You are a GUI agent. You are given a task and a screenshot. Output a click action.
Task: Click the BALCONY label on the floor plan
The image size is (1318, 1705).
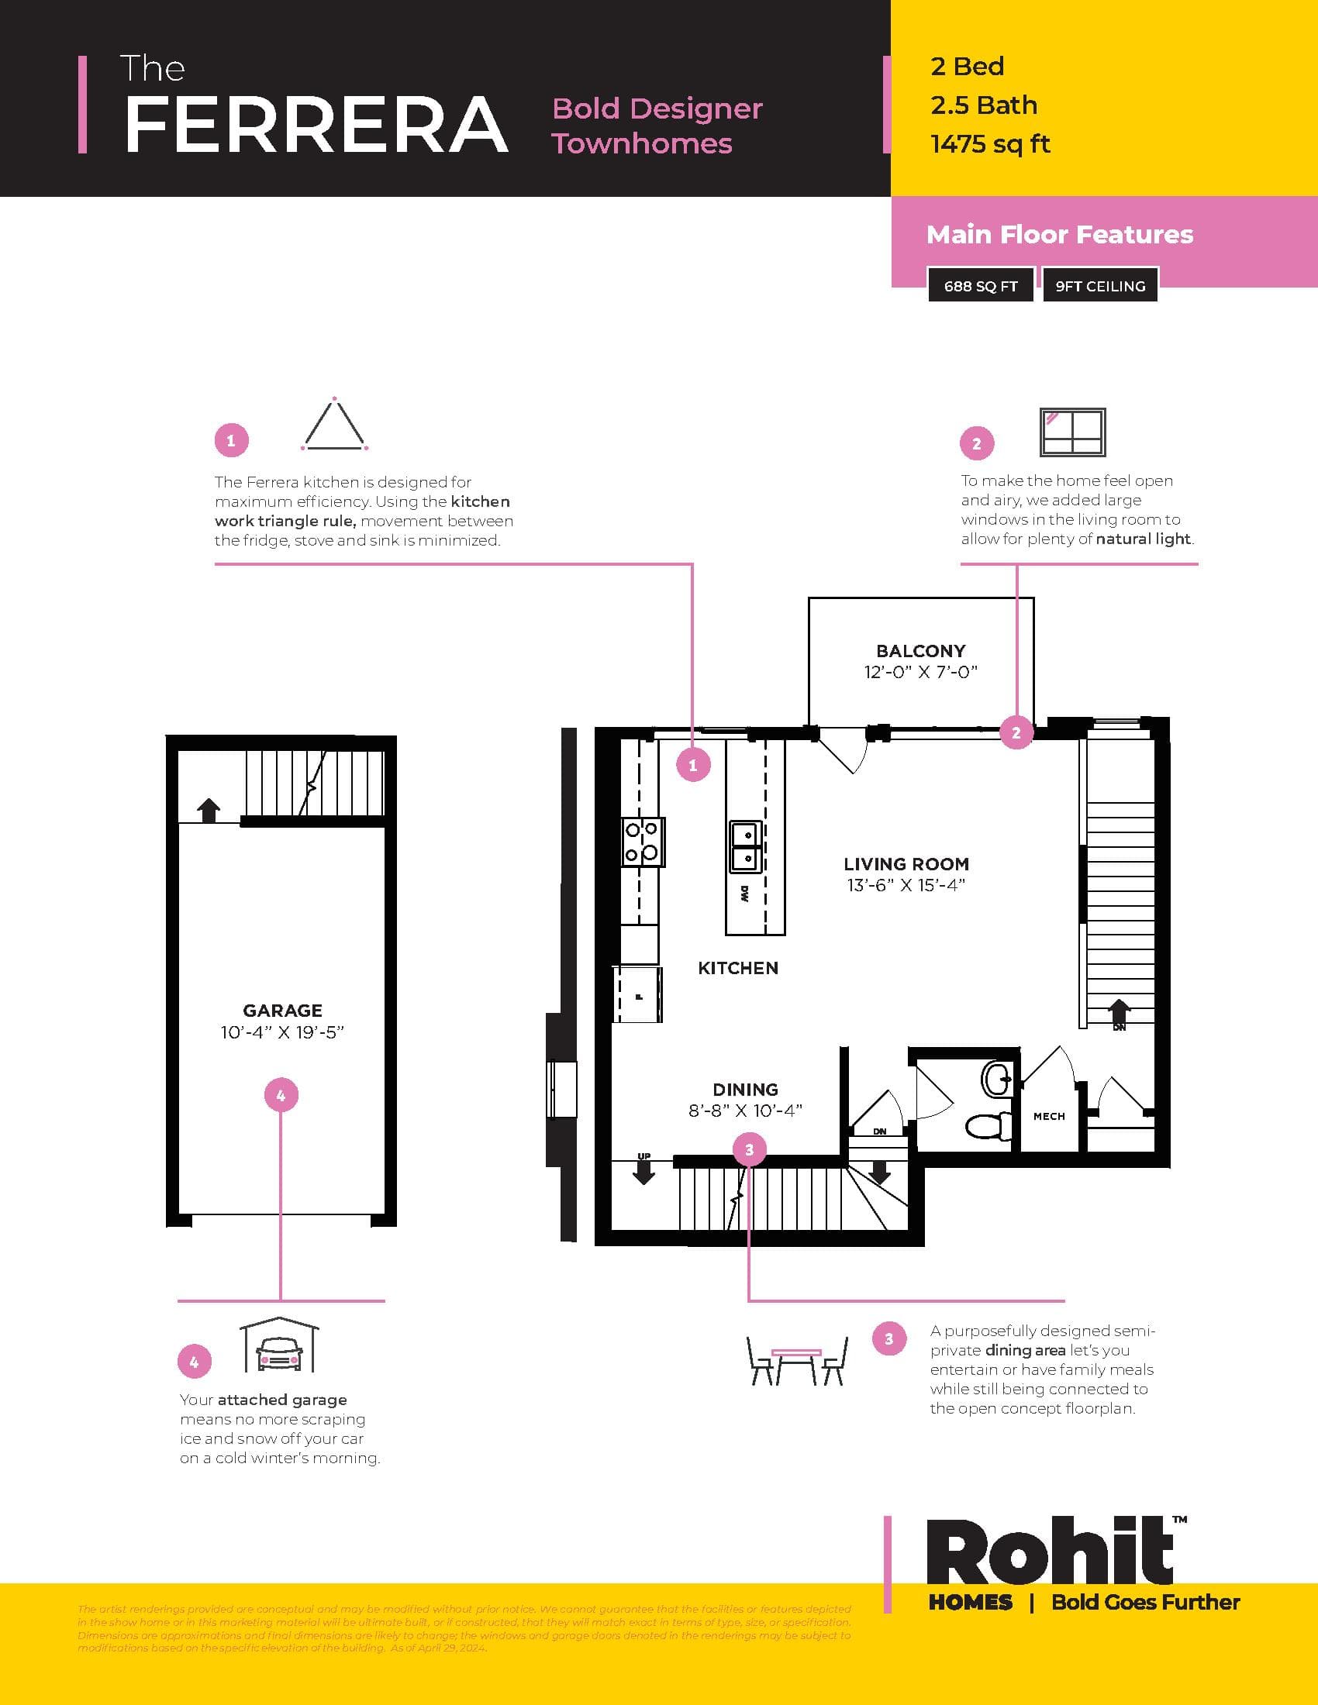point(920,650)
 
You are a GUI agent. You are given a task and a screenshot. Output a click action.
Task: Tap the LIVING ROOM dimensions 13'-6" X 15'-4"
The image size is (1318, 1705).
point(906,885)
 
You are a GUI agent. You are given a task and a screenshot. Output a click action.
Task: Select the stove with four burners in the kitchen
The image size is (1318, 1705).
point(643,842)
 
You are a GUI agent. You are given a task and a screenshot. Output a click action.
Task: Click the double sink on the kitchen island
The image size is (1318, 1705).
point(746,846)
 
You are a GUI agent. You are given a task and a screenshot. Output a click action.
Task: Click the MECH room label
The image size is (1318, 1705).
point(1049,1116)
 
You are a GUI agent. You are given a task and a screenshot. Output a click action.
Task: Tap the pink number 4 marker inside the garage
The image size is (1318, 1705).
point(281,1095)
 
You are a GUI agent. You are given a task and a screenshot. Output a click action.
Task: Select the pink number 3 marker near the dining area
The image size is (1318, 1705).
point(749,1149)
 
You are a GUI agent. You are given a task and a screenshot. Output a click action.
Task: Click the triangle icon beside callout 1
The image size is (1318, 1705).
point(334,425)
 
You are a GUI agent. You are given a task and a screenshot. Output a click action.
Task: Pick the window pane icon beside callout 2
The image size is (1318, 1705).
point(1072,432)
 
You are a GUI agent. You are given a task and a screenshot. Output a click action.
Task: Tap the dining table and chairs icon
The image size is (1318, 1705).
point(796,1360)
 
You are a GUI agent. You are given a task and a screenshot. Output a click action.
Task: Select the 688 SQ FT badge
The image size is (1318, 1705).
point(981,286)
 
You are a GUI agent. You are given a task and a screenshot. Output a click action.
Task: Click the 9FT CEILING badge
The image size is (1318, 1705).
point(1099,286)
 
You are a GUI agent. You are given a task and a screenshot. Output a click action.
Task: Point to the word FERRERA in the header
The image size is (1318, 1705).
point(316,125)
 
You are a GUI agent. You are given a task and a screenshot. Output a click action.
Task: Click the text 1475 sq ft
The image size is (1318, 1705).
point(989,144)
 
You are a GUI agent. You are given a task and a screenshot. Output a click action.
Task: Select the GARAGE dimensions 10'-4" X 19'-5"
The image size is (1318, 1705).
point(282,1032)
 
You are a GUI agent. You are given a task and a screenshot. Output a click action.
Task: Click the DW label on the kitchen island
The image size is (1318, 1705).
point(745,894)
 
